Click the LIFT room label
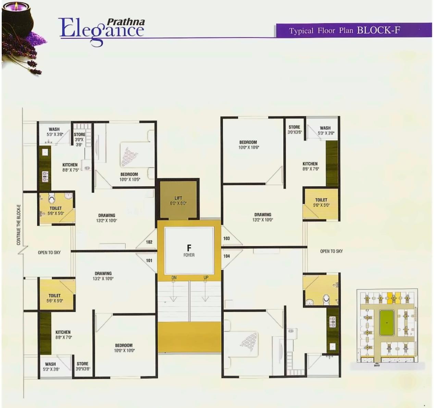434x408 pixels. (178, 198)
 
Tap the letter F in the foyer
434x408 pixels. (189, 248)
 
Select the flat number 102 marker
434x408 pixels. (149, 242)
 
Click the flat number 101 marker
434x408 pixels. (149, 261)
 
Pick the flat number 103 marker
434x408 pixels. (226, 238)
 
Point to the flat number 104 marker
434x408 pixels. (226, 256)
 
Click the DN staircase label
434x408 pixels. (174, 277)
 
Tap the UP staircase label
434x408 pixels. (206, 277)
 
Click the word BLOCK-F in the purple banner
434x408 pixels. (378, 30)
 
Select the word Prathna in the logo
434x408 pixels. (126, 22)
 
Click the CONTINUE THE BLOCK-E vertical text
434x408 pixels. (19, 225)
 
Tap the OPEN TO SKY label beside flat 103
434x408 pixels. (331, 251)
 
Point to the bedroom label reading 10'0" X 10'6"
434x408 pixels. (248, 145)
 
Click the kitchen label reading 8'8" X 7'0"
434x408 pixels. (63, 335)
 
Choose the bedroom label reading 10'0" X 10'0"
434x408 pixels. (124, 348)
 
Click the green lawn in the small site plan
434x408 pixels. (387, 323)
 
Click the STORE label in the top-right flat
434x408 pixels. (294, 127)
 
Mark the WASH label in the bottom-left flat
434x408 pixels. (50, 364)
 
